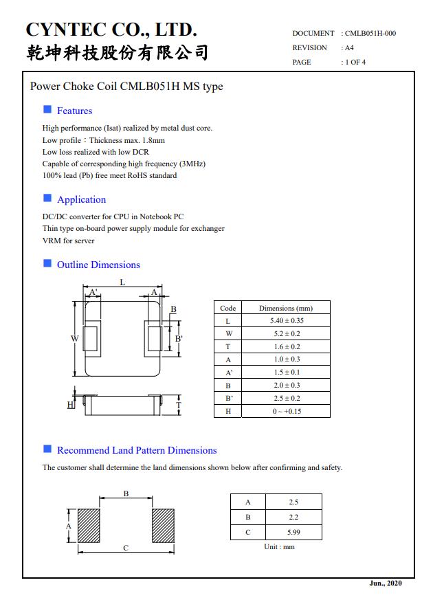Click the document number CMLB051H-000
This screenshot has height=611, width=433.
coord(370,33)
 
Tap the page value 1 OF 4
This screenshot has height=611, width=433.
coord(355,62)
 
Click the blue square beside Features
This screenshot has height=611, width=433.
coord(47,109)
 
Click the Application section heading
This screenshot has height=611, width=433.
coord(81,199)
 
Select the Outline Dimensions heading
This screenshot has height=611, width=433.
coord(98,265)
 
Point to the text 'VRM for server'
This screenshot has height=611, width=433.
coord(69,241)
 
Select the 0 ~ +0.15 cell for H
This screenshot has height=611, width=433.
coord(287,411)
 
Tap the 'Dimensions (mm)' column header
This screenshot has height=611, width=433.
coord(286,309)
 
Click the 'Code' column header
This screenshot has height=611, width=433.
coord(227,309)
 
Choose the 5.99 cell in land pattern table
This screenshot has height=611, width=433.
coord(293,532)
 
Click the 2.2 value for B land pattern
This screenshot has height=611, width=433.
coord(293,517)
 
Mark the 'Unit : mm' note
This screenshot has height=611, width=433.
coord(279,547)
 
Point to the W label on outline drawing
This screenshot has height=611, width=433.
coord(74,338)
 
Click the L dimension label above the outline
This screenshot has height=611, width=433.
coord(122,282)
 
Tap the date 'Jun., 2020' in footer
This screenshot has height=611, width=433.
coord(386,584)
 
